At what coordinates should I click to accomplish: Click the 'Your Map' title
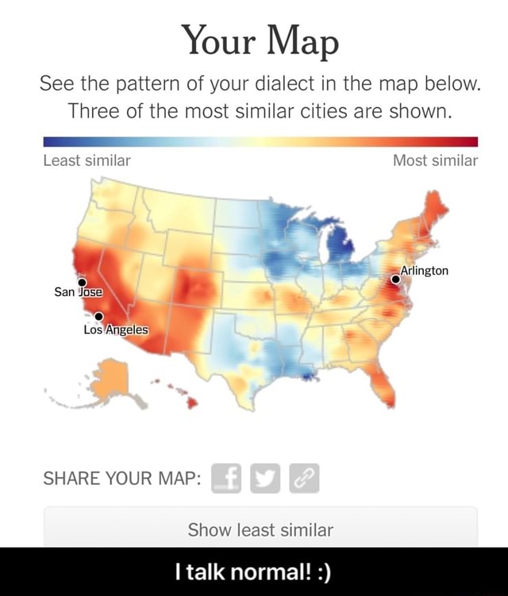tap(260, 40)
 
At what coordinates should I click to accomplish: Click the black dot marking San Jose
tap(82, 282)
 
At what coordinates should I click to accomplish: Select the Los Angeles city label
tap(115, 329)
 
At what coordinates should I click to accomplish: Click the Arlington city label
tap(424, 271)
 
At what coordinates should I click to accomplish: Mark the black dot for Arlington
tap(395, 279)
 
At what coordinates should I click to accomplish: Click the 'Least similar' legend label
tap(87, 161)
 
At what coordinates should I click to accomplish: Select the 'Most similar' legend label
tap(435, 161)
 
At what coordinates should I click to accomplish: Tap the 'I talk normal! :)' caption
tap(253, 571)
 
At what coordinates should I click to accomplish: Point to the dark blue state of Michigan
tap(341, 242)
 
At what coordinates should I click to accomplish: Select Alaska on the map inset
tap(111, 379)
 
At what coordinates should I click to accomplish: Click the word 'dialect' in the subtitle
tap(314, 83)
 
